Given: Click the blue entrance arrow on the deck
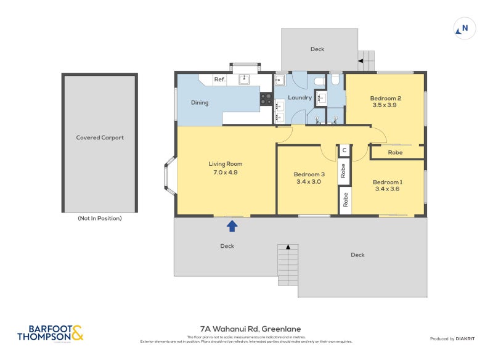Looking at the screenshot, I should click(232, 226).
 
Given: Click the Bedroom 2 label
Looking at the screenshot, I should click(386, 98).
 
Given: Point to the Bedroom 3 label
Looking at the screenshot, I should click(309, 174).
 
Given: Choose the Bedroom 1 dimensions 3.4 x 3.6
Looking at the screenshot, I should click(388, 190).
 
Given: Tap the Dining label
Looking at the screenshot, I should click(200, 103).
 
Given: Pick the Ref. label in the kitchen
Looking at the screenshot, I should click(219, 80).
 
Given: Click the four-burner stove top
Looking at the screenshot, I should click(266, 99).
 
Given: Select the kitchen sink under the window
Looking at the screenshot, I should click(244, 78).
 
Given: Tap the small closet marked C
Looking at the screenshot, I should click(344, 150).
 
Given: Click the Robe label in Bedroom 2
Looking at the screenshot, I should click(395, 152).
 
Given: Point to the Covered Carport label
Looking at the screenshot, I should click(100, 137).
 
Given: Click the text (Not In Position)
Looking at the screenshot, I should click(100, 218).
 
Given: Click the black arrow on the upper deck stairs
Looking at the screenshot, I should click(361, 60).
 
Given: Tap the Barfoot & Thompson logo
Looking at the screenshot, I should click(50, 333).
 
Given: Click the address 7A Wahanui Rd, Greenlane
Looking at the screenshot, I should click(250, 329).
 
